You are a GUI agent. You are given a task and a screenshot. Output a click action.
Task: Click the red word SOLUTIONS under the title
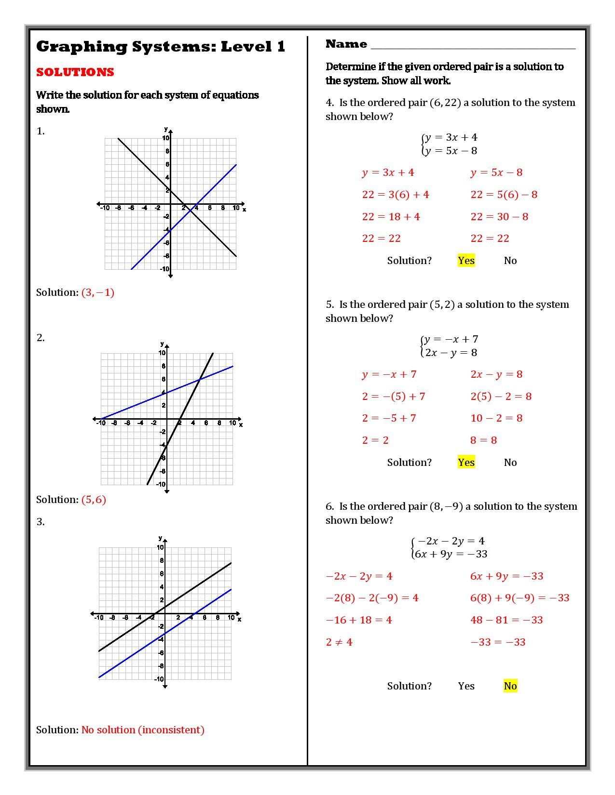coord(75,72)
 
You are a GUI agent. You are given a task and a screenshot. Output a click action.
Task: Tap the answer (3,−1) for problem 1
coord(98,292)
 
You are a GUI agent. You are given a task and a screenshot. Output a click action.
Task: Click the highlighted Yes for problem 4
coord(466,261)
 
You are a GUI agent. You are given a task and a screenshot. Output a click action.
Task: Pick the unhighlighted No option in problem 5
coord(510,463)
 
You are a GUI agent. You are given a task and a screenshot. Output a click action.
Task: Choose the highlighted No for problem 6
coord(510,686)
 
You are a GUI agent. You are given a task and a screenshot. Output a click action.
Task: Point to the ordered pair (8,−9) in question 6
coord(446,506)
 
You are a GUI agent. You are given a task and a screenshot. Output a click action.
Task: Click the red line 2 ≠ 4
coord(339,642)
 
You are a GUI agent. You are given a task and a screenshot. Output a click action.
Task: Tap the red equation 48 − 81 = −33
coord(506,620)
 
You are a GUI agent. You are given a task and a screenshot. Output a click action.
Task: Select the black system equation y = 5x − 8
coord(451,151)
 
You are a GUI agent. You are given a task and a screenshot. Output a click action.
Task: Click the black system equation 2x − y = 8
coord(451,353)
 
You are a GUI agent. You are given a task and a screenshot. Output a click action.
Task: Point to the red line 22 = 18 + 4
coord(391,217)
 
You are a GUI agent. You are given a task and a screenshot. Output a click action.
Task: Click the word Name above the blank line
coord(346,44)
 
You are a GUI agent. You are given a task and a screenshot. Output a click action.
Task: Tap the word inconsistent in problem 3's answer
coord(171,730)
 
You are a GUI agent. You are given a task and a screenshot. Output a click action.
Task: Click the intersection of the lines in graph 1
coord(191,211)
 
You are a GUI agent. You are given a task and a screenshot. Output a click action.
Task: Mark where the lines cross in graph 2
coord(200,380)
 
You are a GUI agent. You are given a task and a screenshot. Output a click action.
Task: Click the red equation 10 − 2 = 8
coord(496,418)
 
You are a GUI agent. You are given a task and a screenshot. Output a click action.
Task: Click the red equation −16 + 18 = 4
coord(359,620)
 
